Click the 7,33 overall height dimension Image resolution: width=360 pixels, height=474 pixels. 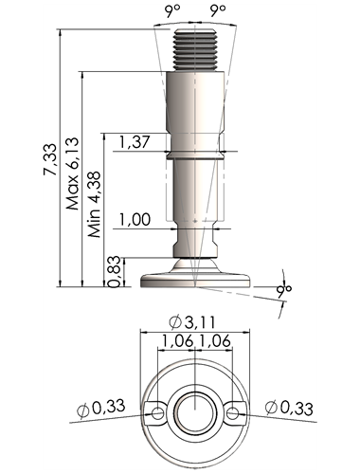(x=50, y=159)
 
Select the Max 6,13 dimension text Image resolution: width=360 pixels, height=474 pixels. (x=72, y=173)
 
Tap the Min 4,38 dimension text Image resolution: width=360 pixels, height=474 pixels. (x=95, y=205)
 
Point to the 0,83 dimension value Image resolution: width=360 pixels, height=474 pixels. (x=115, y=271)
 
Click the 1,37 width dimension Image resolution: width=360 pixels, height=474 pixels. (x=135, y=141)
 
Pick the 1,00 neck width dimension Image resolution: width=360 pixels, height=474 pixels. (x=135, y=219)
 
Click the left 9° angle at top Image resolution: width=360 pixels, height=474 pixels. (x=171, y=11)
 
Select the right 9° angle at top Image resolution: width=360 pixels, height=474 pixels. (x=218, y=11)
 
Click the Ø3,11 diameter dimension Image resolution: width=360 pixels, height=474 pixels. (x=192, y=322)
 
